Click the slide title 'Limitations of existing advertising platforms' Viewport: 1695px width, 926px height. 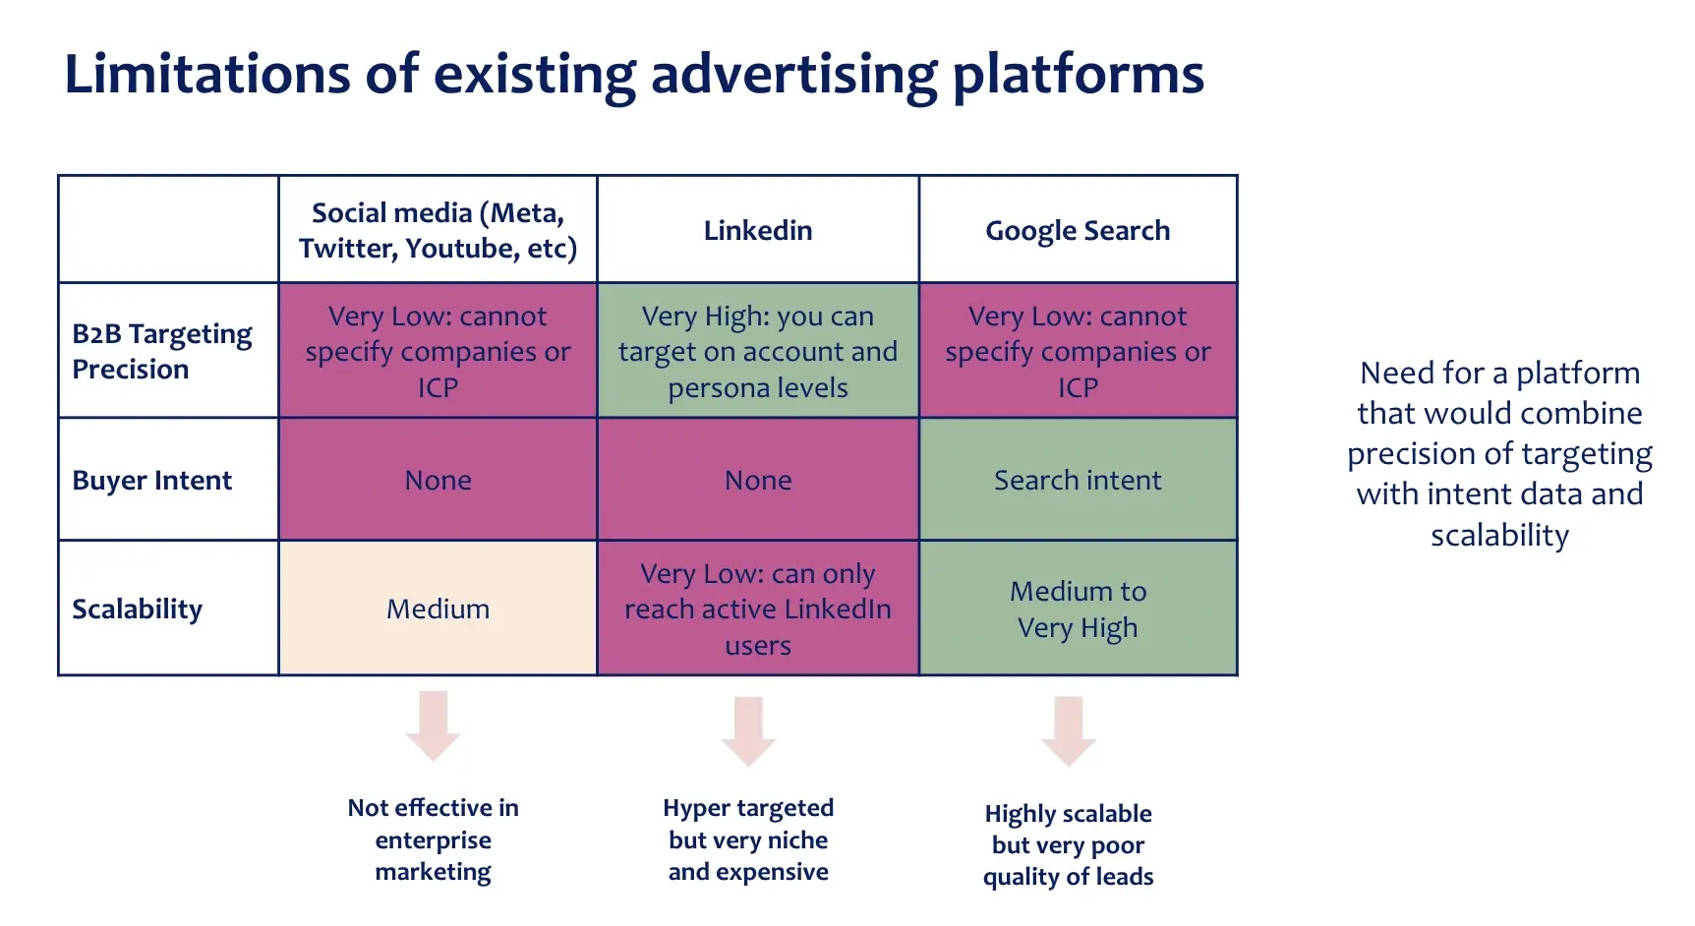(634, 75)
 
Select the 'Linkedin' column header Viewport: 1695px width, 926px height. (758, 230)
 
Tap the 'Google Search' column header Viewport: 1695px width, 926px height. (1078, 230)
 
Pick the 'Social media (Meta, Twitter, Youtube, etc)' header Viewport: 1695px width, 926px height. (438, 230)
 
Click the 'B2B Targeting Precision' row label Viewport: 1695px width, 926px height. (162, 351)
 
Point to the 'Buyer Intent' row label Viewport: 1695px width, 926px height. (152, 480)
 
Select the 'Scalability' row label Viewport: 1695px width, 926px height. (138, 608)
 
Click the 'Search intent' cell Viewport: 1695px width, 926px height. (1078, 480)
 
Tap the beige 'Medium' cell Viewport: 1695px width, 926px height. (438, 608)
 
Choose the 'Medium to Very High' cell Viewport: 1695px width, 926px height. (1078, 608)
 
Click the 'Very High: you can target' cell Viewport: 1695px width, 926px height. (758, 351)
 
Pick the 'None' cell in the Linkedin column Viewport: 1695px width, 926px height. (758, 480)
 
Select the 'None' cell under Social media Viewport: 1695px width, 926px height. (438, 480)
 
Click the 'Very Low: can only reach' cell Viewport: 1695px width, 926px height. (758, 608)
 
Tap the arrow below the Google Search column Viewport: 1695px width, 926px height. (1069, 729)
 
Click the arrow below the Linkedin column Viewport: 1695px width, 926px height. (748, 729)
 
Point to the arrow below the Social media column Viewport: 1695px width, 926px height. (434, 725)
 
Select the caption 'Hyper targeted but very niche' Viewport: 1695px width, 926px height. (748, 839)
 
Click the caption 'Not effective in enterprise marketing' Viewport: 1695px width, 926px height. (434, 839)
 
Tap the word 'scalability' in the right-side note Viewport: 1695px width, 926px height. (1499, 535)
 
